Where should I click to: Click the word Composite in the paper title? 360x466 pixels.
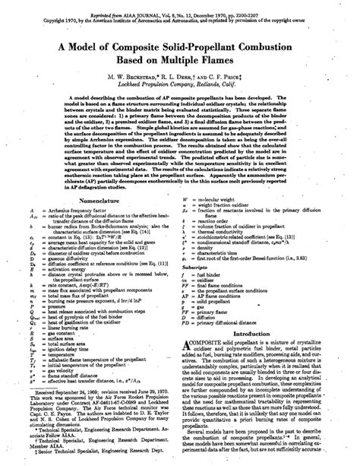[134, 47]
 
